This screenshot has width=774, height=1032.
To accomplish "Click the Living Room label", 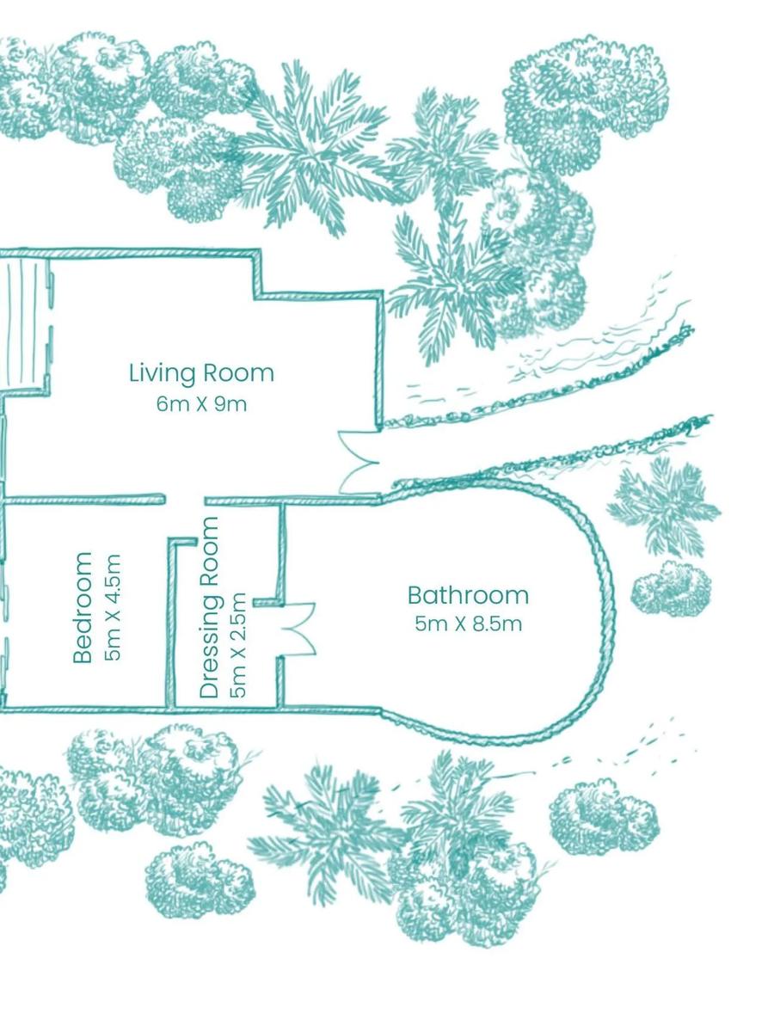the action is [x=201, y=374].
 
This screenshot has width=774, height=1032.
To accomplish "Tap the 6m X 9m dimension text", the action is [x=201, y=404].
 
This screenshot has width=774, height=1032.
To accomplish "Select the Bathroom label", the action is [x=468, y=596].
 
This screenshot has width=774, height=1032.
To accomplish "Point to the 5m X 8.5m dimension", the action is [x=468, y=624].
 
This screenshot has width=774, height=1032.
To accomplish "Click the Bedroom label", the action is [x=83, y=607].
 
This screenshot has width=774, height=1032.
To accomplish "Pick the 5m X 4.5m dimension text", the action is [x=113, y=607].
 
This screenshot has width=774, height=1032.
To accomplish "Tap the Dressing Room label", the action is [x=209, y=607].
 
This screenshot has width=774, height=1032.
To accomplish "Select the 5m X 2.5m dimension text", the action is [x=238, y=645].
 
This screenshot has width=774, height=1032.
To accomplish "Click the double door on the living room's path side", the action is [x=359, y=463].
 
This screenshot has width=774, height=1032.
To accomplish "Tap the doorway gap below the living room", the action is [x=184, y=500].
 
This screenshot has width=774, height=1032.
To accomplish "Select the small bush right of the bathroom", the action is [x=670, y=589].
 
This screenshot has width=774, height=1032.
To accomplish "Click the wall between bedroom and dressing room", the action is [x=171, y=623].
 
